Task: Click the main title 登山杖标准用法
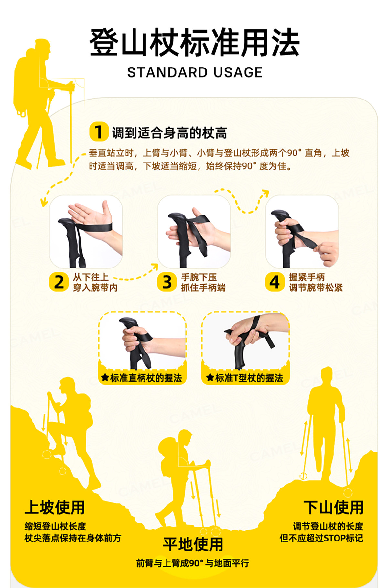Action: point(194,42)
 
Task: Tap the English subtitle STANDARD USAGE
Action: point(195,72)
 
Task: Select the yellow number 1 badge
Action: point(99,131)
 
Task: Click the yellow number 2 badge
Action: point(59,282)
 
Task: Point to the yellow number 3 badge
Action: point(167,282)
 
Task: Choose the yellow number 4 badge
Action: point(275,282)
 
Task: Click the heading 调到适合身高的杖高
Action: point(169,133)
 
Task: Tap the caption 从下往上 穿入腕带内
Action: point(95,282)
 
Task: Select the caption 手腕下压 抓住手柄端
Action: point(203,282)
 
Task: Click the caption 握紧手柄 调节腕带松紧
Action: point(316,282)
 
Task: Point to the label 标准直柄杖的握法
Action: point(146,378)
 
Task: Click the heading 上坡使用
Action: point(55,508)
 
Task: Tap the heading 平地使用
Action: point(193,544)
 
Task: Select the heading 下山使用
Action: point(333,508)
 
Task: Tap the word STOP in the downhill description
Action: point(334,538)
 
